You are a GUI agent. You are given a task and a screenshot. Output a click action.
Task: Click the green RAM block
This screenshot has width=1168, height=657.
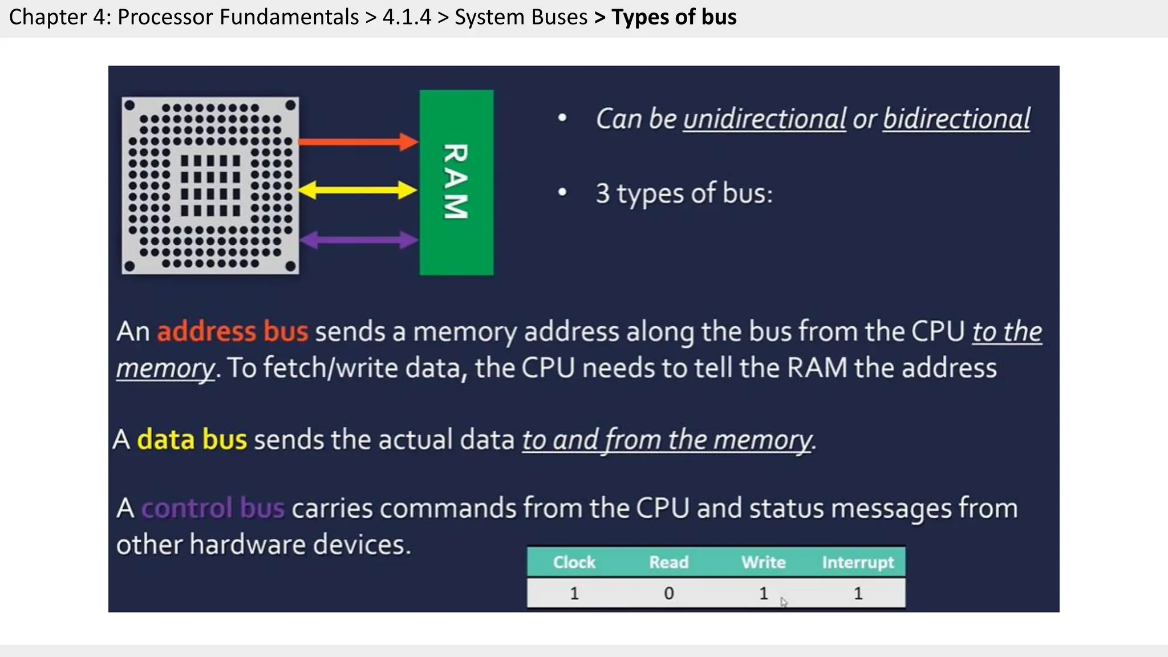pos(456,182)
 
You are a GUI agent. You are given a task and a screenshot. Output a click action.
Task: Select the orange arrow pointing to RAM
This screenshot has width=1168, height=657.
pos(358,142)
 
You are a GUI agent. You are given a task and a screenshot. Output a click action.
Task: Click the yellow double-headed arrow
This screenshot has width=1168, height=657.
pos(358,190)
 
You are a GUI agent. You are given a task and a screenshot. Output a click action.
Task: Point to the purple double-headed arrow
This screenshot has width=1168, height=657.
pos(359,240)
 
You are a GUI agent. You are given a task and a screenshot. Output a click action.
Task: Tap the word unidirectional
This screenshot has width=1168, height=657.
pos(764,119)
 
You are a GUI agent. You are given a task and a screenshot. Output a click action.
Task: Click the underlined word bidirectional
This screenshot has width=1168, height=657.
pos(956,119)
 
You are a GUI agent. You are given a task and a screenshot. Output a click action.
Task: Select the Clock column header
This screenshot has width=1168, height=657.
pos(574,562)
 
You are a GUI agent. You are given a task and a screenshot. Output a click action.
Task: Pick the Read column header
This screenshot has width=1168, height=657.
pos(668,562)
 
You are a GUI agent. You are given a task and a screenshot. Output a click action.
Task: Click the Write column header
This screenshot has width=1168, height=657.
pos(763,562)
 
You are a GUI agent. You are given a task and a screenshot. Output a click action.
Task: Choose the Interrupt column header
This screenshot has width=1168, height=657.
pos(858,562)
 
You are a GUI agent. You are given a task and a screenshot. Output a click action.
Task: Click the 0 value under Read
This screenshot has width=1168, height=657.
pos(668,594)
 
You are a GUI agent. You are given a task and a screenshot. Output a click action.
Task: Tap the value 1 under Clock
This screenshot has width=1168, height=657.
pos(574,594)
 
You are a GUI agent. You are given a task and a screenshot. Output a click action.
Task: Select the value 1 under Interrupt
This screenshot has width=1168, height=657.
pos(858,594)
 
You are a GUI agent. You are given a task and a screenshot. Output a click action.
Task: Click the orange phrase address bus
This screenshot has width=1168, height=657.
pos(232,331)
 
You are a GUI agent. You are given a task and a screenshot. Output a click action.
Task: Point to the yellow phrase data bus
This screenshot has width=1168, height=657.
pos(192,440)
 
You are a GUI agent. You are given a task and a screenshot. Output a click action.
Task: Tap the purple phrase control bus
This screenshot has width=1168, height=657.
pos(212,508)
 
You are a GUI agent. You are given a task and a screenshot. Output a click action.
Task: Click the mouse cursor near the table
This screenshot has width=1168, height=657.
pos(784,602)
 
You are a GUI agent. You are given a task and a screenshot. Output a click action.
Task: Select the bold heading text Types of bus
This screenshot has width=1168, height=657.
pos(674,17)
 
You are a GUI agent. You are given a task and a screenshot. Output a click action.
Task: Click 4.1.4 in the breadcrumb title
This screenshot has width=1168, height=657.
pos(407,17)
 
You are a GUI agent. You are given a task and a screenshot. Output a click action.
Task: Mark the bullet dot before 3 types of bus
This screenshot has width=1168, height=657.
pos(562,193)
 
